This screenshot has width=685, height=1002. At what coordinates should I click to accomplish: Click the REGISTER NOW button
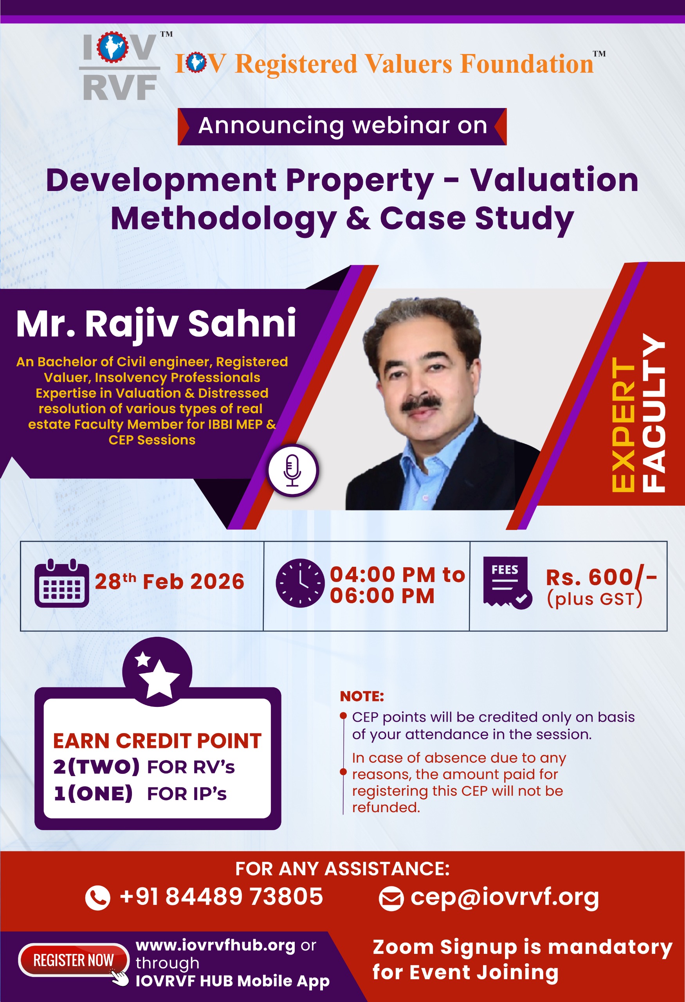pos(74,960)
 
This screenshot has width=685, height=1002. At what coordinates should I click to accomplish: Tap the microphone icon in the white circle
pos(292,470)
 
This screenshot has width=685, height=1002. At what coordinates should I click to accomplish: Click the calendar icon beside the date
pos(61,583)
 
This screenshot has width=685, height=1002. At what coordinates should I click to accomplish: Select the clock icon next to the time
pos(300,583)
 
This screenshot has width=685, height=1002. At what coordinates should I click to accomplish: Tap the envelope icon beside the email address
pos(391,899)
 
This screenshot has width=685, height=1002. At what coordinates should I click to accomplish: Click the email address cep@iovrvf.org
pos(505,897)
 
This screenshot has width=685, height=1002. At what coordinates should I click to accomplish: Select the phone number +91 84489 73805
pos(221,897)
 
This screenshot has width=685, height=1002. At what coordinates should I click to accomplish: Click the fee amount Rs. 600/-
pos(601,577)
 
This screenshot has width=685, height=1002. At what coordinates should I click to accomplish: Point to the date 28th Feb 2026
pos(169,581)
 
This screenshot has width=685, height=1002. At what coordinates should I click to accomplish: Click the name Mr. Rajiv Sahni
pos(156,323)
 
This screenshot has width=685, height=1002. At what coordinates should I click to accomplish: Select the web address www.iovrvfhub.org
pos(216,945)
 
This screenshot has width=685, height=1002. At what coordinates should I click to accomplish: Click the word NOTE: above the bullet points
pos(362,696)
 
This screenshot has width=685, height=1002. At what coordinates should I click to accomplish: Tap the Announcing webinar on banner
pos(342,126)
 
